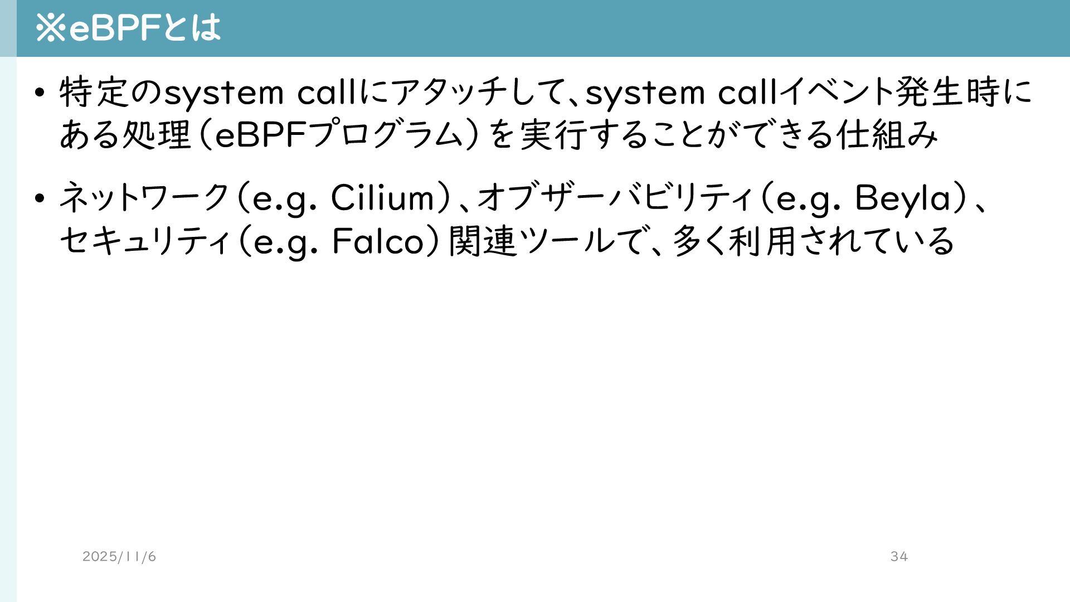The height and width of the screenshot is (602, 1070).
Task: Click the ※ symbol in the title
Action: pos(50,28)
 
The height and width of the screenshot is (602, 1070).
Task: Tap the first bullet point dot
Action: pos(38,93)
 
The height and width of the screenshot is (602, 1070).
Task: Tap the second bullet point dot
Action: pos(38,198)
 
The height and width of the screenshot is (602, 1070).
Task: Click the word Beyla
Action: pos(903,198)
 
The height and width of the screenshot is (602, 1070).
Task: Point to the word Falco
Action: pos(378,241)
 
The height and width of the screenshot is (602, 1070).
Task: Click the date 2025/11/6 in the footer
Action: pos(119,556)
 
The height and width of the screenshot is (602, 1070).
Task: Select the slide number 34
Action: pos(899,556)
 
